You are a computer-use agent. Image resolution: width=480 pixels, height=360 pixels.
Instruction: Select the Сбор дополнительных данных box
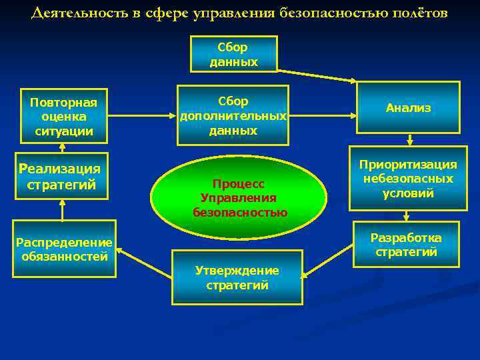[x=233, y=115]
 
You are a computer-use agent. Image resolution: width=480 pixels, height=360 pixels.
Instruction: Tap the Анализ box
[x=408, y=107]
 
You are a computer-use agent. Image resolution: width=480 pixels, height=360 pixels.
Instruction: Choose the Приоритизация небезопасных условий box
[x=408, y=179]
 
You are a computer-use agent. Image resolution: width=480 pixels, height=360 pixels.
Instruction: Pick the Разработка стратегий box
[x=406, y=245]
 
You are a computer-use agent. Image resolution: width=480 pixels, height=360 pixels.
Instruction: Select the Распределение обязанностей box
[x=64, y=248]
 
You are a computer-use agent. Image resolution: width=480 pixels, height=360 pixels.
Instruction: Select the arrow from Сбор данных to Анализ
[x=317, y=74]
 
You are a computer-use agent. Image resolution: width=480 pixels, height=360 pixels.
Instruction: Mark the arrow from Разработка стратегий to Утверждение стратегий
[x=328, y=262]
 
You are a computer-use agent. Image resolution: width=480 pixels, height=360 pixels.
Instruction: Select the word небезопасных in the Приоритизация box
[x=408, y=179]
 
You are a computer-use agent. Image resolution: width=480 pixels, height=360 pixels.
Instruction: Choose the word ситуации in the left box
[x=63, y=131]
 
